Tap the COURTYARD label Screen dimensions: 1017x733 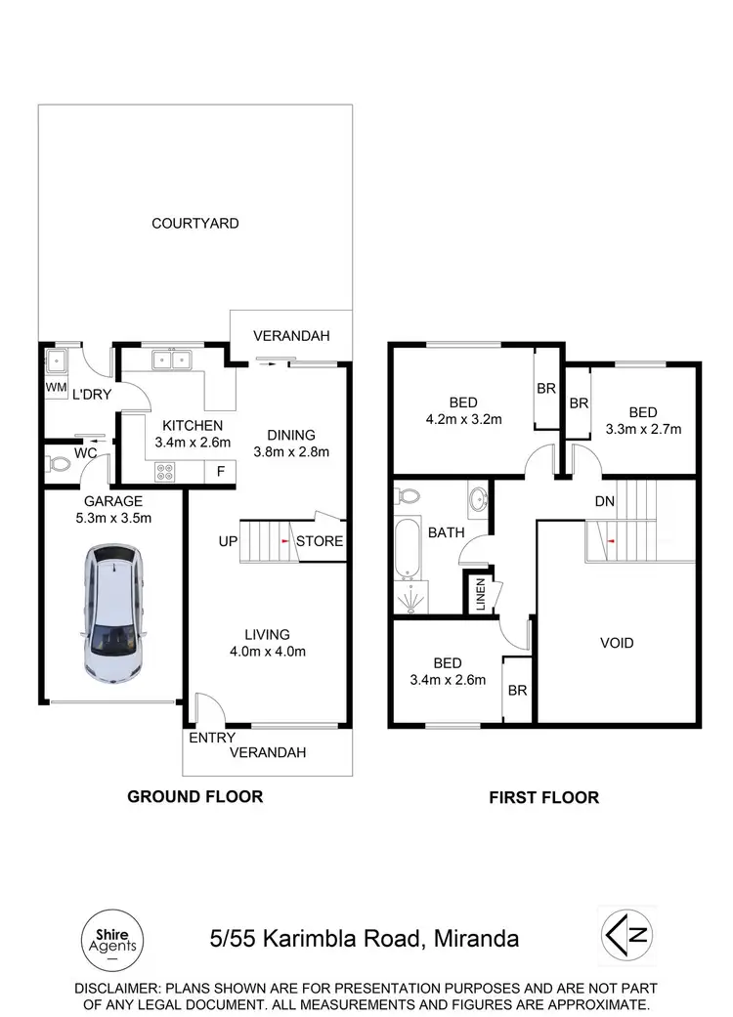click(x=195, y=224)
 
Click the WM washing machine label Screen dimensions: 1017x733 click(x=55, y=387)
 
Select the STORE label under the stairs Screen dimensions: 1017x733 click(x=320, y=540)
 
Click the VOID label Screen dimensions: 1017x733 click(x=617, y=643)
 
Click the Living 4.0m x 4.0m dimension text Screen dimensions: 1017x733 click(x=267, y=652)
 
